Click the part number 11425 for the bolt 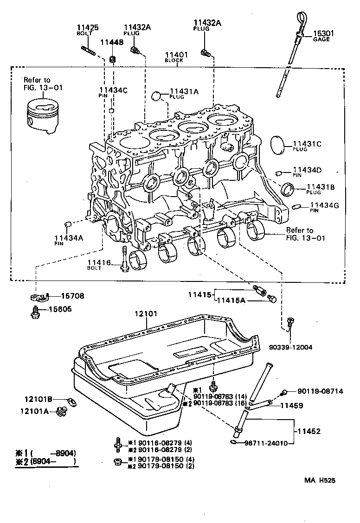click(87, 28)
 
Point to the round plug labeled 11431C click(278, 145)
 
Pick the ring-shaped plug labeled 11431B click(289, 189)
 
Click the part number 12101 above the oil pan click(147, 314)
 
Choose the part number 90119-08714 click(320, 392)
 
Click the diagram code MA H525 click(319, 480)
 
